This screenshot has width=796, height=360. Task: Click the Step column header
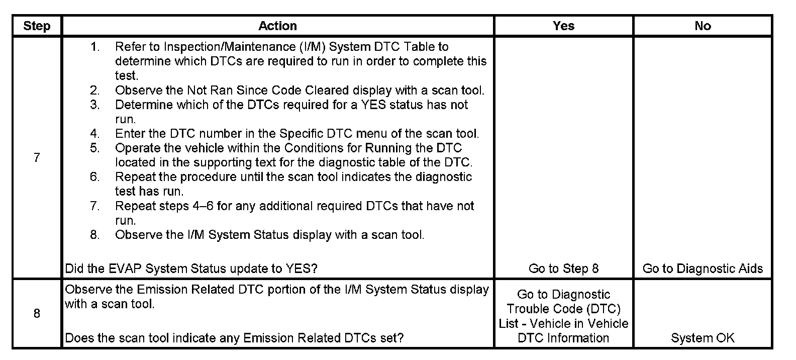click(37, 26)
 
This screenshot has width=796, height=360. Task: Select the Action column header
click(277, 26)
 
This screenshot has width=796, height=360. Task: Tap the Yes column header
click(563, 26)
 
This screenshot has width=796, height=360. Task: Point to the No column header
click(703, 26)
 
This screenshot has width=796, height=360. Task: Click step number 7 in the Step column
click(37, 158)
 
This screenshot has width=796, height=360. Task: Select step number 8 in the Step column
click(37, 314)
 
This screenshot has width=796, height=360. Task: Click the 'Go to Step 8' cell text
click(563, 268)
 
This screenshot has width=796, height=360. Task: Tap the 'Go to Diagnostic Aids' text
click(703, 268)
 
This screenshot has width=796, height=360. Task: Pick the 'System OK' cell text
click(703, 338)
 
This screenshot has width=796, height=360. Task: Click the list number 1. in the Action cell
click(95, 47)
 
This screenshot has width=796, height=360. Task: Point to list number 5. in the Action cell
click(95, 148)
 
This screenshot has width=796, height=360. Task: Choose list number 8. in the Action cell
click(95, 235)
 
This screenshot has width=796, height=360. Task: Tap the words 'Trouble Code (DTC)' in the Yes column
click(563, 309)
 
